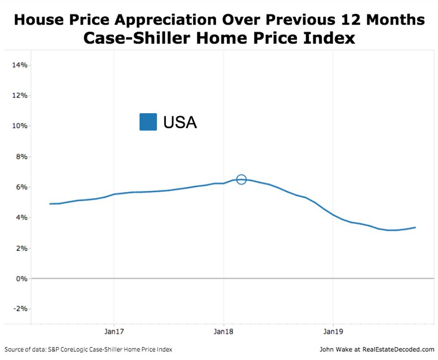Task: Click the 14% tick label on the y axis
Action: tap(20, 65)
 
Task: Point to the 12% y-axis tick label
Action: tap(20, 96)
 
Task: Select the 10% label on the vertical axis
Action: tap(20, 126)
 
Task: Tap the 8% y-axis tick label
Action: tap(21, 157)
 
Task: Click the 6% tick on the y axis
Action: tap(21, 188)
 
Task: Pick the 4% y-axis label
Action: tap(21, 218)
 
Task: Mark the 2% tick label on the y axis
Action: tap(21, 248)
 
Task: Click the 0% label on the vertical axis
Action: tap(21, 278)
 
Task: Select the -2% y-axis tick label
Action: tap(20, 309)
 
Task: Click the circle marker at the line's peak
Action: tap(241, 180)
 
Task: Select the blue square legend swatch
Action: tap(148, 122)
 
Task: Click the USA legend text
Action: tap(180, 122)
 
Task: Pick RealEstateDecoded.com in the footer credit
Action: tap(398, 350)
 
